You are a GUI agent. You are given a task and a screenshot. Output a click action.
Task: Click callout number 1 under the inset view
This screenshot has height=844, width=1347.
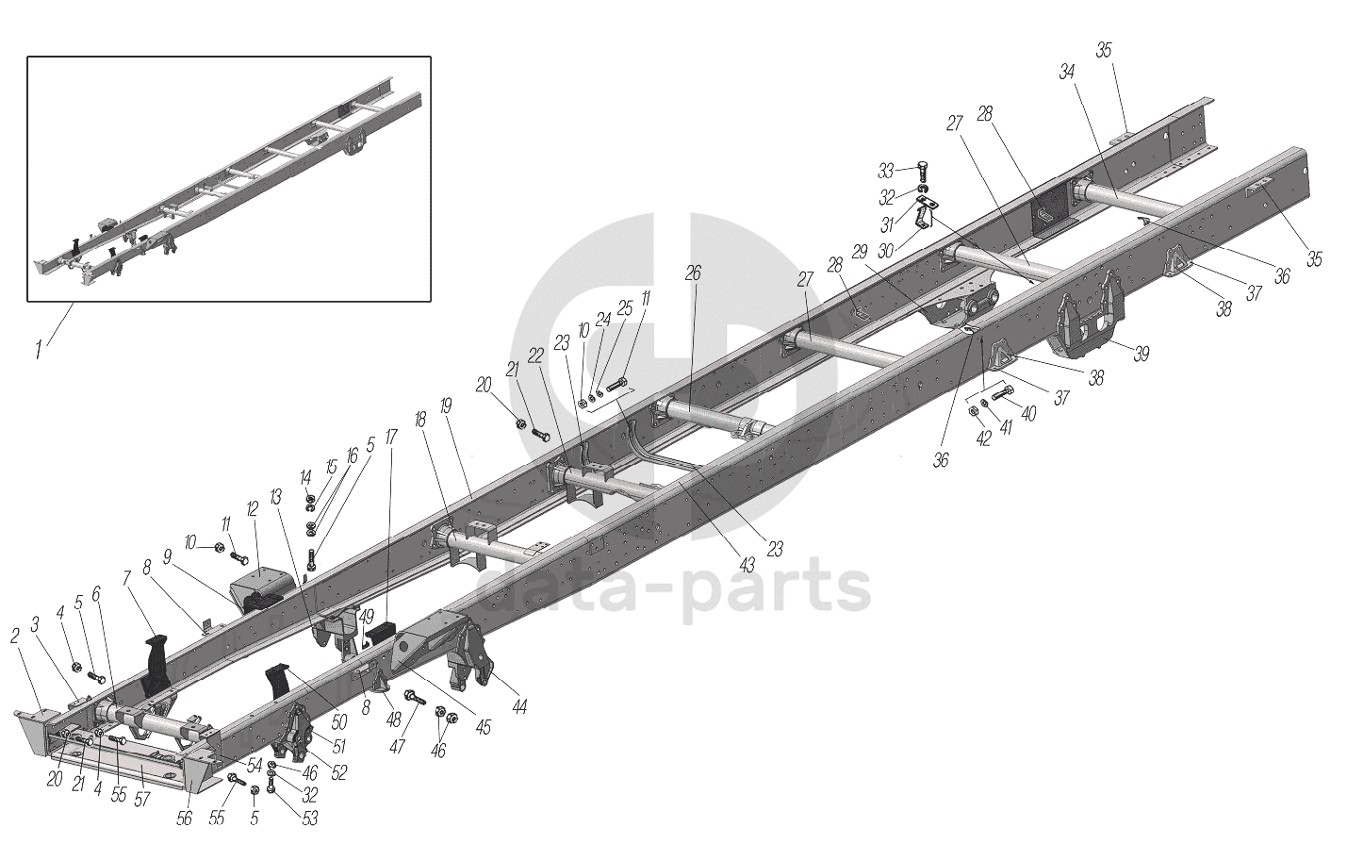39,351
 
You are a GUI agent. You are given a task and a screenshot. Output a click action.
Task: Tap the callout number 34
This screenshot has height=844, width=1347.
1067,72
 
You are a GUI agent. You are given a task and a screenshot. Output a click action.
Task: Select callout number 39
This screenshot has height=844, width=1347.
1142,354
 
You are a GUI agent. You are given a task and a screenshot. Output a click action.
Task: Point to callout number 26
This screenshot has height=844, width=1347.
694,273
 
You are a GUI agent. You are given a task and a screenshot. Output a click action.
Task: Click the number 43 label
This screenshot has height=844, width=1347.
747,565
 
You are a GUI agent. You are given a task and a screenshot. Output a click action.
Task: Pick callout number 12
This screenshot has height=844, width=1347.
252,508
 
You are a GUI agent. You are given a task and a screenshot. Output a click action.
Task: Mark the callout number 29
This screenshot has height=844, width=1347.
859,253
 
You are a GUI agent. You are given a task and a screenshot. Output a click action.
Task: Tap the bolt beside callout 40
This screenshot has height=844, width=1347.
1002,394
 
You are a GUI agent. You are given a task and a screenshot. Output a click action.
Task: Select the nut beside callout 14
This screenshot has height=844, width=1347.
310,498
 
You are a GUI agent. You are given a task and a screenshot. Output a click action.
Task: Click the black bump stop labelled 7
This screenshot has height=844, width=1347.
154,665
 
